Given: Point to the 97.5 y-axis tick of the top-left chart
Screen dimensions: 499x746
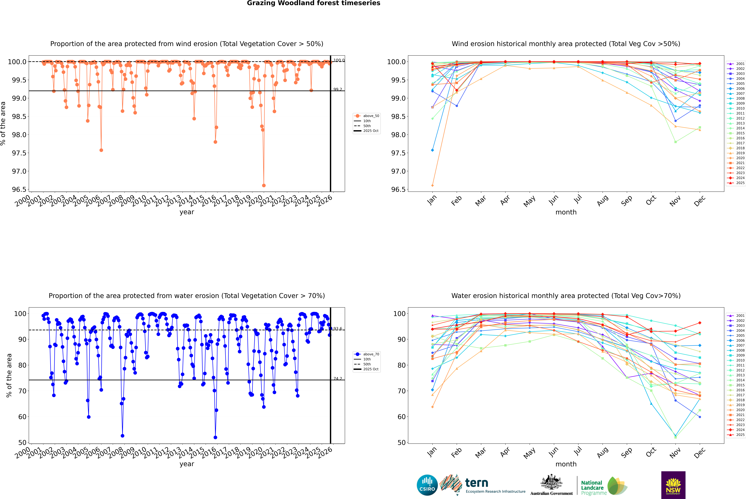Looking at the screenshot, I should pyautogui.click(x=19, y=153).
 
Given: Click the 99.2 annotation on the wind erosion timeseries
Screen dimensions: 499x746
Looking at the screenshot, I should pyautogui.click(x=338, y=89).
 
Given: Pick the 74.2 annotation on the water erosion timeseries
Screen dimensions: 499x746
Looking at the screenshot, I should pyautogui.click(x=338, y=379).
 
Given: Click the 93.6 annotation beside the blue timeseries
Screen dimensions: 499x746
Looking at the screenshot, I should pyautogui.click(x=338, y=329).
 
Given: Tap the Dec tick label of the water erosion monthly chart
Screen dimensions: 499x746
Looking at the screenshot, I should pyautogui.click(x=700, y=452).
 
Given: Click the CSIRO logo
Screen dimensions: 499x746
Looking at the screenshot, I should pyautogui.click(x=427, y=485).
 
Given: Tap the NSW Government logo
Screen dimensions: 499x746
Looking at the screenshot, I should pyautogui.click(x=673, y=485).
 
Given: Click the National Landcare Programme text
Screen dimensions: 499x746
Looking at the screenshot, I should pyautogui.click(x=592, y=488).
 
